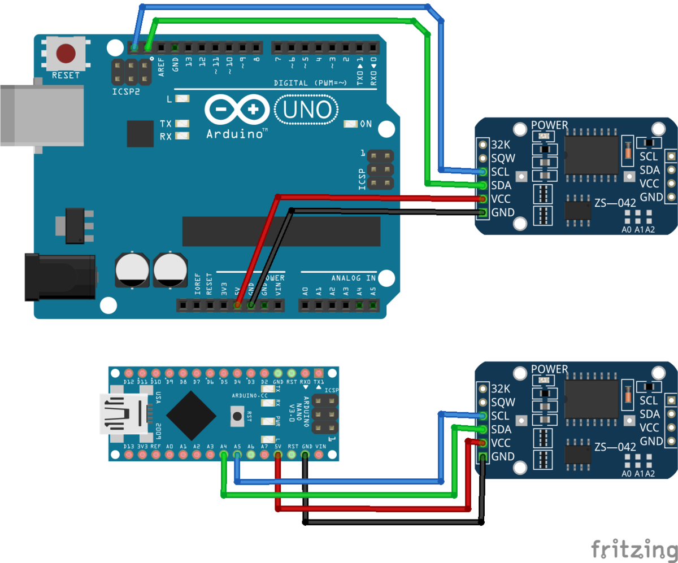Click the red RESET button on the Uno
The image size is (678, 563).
click(x=66, y=53)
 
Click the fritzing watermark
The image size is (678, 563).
click(x=633, y=549)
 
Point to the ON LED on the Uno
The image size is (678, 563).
click(x=351, y=124)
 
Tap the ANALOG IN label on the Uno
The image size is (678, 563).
click(x=354, y=278)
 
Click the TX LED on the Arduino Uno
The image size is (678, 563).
click(x=182, y=124)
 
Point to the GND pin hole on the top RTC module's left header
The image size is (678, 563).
click(x=483, y=213)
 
